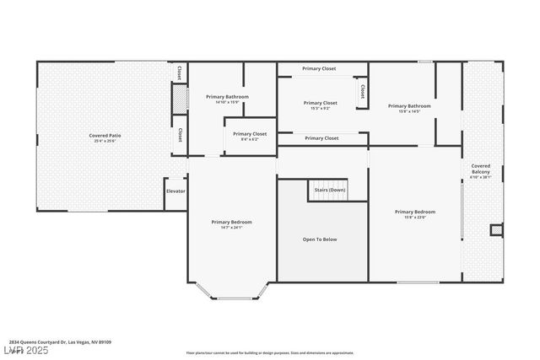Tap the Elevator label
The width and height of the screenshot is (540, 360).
175,191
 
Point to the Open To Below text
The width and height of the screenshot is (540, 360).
320,239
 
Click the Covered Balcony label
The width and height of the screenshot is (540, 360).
481,169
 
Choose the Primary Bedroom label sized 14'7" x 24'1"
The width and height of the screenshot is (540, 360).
231,222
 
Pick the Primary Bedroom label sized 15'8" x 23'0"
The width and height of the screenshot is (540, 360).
415,212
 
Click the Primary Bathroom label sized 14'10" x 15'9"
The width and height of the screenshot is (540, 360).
227,97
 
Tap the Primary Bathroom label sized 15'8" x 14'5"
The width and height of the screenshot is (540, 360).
409,106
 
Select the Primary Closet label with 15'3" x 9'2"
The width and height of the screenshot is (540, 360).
320,103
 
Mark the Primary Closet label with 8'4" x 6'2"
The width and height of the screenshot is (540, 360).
250,134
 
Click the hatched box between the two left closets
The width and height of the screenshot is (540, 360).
179,100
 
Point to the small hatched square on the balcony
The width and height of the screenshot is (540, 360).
496,228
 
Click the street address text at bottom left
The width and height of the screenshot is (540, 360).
60,342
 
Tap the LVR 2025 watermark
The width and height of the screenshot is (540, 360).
26,350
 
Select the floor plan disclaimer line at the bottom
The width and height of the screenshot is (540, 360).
270,353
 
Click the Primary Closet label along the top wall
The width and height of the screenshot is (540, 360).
319,68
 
